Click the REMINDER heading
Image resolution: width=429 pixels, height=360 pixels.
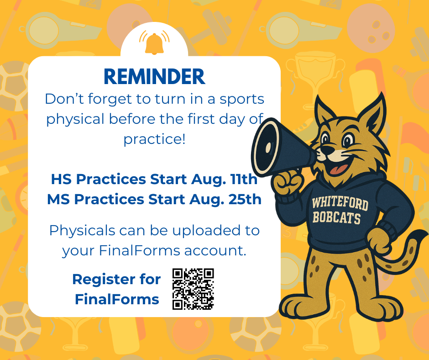pos(155,76)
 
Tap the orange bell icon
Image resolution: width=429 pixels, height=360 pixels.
pos(154,43)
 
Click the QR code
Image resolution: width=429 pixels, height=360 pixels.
pos(193,289)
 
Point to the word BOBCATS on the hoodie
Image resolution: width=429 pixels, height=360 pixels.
pos(337,217)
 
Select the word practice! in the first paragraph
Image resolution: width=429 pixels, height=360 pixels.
pos(155,139)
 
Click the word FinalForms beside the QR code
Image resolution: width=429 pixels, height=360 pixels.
pos(117,299)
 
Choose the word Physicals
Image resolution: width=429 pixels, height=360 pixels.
pos(82,230)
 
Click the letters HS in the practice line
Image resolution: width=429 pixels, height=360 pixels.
pos(62,179)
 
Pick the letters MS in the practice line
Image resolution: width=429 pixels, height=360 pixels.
pos(59,199)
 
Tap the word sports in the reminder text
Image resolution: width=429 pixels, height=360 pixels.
pos(242,100)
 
